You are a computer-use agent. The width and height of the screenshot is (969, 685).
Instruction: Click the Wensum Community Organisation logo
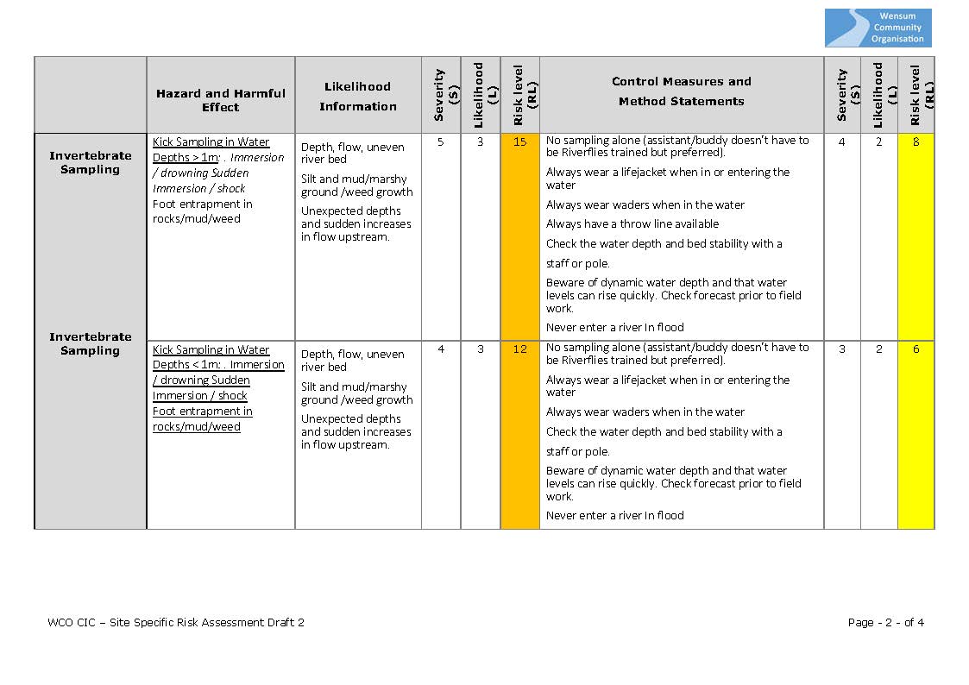click(878, 28)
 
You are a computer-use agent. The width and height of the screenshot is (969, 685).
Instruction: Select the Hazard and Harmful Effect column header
click(220, 100)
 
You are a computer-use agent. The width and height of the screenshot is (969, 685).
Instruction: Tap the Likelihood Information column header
click(357, 96)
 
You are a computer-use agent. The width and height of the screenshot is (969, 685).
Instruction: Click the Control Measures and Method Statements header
click(681, 91)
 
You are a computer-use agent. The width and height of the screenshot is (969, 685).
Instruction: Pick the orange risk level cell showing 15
click(519, 142)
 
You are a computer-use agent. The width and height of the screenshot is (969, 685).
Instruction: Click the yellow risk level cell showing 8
click(916, 142)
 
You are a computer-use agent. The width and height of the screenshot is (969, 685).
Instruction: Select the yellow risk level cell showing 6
click(916, 349)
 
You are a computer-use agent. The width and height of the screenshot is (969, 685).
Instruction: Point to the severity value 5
click(441, 142)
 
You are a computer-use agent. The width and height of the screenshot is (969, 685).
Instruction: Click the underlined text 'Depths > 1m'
click(185, 158)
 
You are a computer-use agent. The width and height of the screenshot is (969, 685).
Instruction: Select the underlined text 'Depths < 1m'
click(185, 365)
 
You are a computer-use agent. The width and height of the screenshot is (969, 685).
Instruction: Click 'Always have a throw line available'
click(632, 224)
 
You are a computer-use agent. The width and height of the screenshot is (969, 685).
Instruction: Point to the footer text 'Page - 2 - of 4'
click(886, 622)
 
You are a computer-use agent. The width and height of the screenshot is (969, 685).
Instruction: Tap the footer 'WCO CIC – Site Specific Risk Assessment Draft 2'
click(176, 622)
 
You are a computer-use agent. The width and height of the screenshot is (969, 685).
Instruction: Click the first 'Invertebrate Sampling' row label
click(90, 162)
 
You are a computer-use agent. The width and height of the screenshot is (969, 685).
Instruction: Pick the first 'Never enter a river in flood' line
click(614, 328)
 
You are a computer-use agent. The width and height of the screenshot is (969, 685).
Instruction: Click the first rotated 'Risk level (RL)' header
click(519, 95)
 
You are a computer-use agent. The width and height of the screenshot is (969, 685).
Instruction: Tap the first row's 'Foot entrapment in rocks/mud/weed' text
click(202, 211)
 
